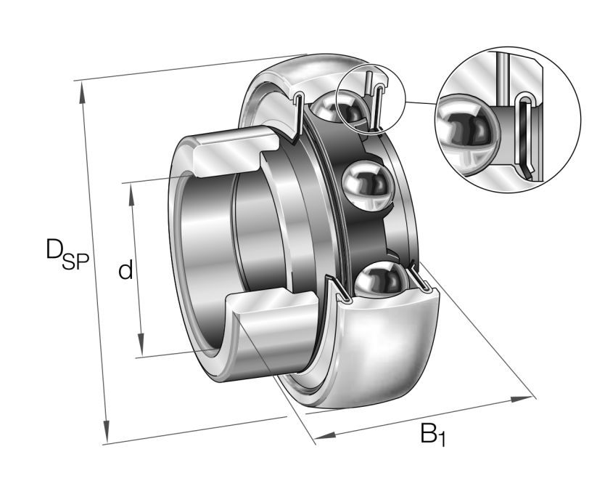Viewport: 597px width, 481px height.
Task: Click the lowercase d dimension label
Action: pos(125,271)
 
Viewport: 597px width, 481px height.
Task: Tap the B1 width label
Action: pos(433,434)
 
